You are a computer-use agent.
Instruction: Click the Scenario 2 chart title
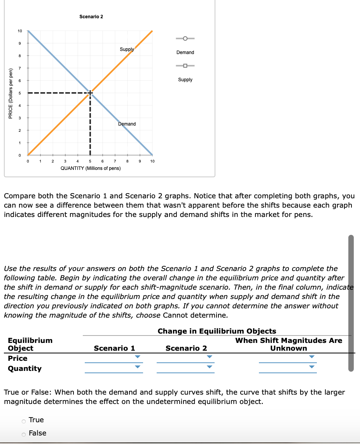91,17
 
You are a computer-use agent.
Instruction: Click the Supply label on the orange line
127,49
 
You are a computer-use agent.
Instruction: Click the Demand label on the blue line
127,124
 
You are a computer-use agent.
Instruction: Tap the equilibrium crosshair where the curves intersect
90,93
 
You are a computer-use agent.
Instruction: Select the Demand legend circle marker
185,38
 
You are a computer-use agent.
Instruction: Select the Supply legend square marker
185,66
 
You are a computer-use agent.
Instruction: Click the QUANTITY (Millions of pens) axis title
91,168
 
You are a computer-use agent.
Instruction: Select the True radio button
24,420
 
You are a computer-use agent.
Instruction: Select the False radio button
24,434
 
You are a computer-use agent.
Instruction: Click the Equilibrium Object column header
30,344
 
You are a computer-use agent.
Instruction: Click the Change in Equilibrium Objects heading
217,331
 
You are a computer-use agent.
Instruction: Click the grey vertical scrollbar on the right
351,303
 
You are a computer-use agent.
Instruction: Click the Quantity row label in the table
24,369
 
